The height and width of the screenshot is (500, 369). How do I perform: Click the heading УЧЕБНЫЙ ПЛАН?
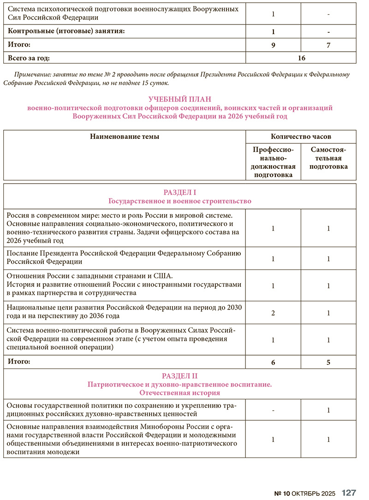pos(180,99)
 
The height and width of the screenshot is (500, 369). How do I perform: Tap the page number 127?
pos(349,493)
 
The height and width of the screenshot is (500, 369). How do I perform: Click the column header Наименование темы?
pos(125,137)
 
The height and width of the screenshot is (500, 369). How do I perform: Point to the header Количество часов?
pos(301,137)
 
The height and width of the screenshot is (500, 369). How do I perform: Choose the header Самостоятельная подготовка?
pos(328,158)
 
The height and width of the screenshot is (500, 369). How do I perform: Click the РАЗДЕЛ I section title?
pos(180,192)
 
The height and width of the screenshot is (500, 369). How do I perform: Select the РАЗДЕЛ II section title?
pos(180,376)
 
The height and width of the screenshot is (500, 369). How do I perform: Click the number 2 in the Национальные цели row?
pos(273,313)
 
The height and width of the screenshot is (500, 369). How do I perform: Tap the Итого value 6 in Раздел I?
pos(273,363)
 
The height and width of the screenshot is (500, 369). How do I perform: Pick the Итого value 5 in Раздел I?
pos(328,363)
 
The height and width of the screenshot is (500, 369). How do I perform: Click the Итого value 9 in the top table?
pos(273,45)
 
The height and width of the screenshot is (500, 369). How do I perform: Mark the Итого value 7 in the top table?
pos(328,45)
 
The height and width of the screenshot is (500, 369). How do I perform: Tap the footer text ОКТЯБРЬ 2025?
pos(314,493)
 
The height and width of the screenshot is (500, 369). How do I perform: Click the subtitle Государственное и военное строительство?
pos(180,201)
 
